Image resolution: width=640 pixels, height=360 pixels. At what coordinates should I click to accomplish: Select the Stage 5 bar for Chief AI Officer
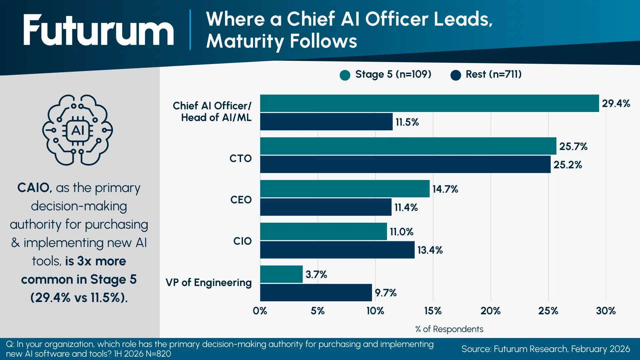tap(429, 103)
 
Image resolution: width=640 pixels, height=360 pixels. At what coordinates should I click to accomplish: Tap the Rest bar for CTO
tap(405, 164)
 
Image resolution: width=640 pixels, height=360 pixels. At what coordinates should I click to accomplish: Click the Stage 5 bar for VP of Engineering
tap(281, 274)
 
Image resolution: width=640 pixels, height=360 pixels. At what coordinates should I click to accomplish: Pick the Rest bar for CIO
tap(337, 250)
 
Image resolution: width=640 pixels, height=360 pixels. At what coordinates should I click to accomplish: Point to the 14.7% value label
tap(445, 189)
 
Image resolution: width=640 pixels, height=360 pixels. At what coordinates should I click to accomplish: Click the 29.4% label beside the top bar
tap(616, 103)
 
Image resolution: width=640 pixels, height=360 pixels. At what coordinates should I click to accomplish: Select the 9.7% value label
tap(385, 293)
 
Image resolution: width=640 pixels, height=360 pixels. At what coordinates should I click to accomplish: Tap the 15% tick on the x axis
tap(433, 311)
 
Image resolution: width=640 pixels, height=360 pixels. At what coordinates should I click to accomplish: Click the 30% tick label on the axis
tap(606, 311)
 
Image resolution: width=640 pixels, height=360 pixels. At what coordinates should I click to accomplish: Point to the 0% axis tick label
tap(260, 311)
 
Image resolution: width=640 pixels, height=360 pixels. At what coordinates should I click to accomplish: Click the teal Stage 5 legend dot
tap(345, 75)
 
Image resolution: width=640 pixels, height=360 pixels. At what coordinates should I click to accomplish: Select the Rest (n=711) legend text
tap(493, 74)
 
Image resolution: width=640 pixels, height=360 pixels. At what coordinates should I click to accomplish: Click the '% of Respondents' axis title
tap(449, 329)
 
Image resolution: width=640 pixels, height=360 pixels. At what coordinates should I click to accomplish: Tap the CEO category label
tap(241, 200)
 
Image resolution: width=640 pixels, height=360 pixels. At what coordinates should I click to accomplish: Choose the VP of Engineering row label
tap(209, 282)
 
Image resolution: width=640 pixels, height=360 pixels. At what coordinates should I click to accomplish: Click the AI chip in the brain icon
tap(78, 130)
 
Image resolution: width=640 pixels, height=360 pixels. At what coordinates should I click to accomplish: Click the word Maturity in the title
tap(245, 41)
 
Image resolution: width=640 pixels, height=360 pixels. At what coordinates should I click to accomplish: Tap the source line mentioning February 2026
tap(546, 349)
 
